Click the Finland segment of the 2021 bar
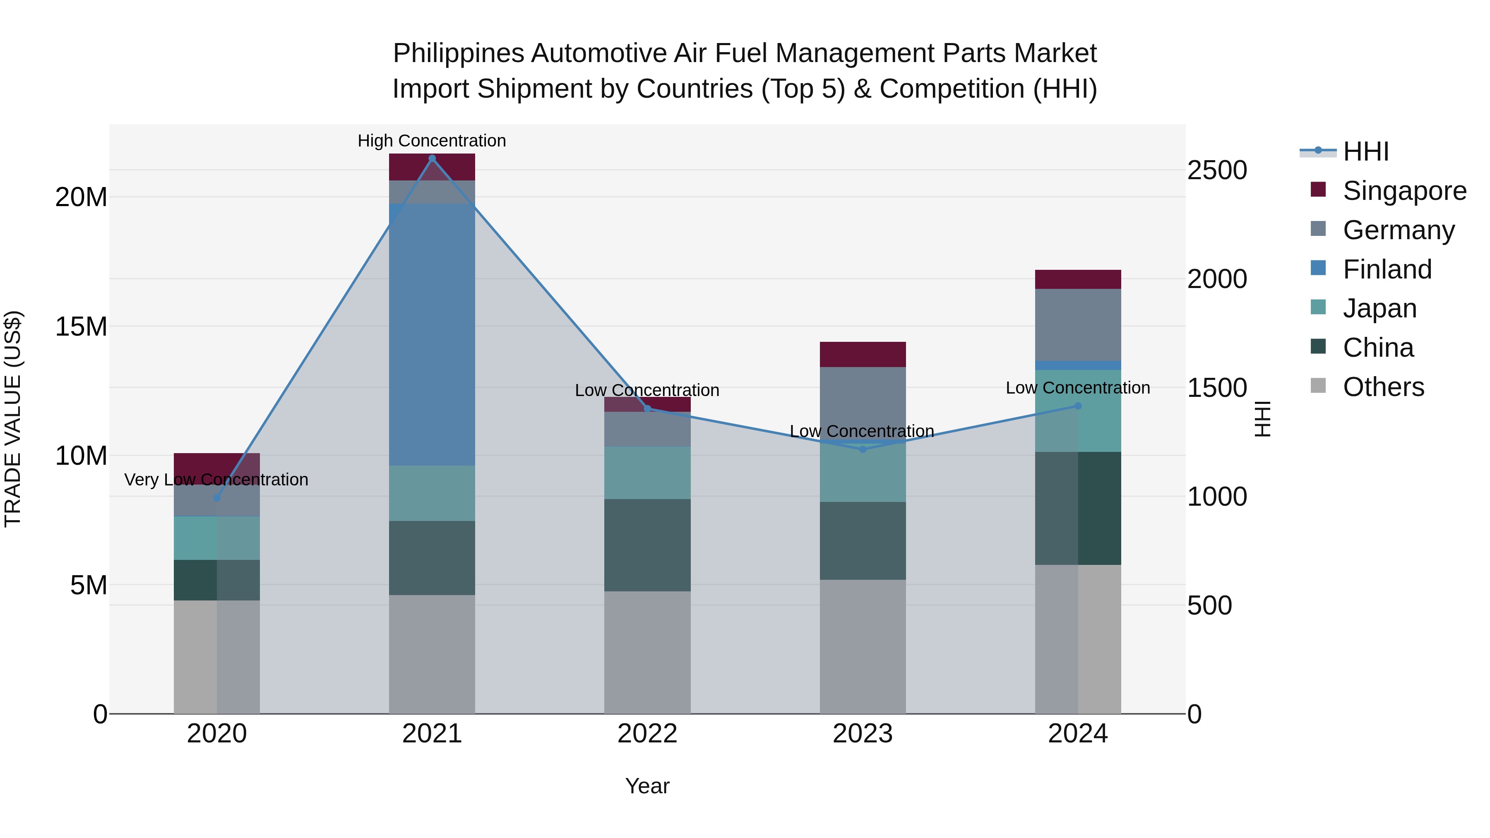pos(432,334)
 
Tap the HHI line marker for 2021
pos(432,158)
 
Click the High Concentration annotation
pos(432,141)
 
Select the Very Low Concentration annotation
pos(216,480)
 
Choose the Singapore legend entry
pos(1404,191)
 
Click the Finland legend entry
pos(1387,269)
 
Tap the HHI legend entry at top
pos(1365,151)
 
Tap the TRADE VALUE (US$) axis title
pos(13,419)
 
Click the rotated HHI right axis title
pos(1263,419)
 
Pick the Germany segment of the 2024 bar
pos(1078,324)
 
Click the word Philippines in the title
pos(459,54)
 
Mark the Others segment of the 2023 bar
pos(863,646)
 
